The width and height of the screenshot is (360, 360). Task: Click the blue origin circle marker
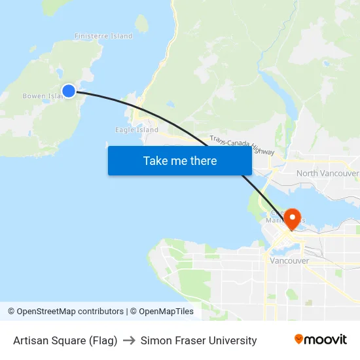coord(69,91)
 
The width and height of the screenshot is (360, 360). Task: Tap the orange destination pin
coord(290,217)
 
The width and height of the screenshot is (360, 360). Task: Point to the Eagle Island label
coord(137,130)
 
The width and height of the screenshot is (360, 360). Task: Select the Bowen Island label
coord(43,96)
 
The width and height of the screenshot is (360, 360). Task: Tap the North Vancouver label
coord(327,173)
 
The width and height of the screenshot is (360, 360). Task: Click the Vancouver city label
coord(289,261)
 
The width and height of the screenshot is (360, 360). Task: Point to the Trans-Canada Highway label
coord(242,145)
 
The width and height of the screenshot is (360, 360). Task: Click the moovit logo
coord(320,339)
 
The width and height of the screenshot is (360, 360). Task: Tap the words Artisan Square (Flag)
coord(65,340)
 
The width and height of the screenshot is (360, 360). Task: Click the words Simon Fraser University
coord(198,340)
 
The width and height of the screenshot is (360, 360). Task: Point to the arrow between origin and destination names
coord(129,340)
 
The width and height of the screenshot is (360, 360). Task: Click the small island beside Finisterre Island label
coord(141,24)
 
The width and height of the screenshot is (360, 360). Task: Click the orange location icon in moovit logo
coord(299,339)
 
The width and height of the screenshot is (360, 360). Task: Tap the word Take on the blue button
coord(155,161)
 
